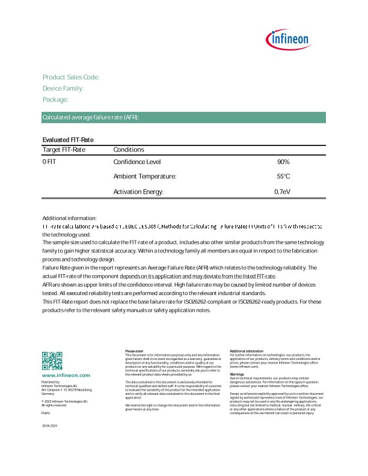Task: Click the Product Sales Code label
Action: pyautogui.click(x=71, y=78)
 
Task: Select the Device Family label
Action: pyautogui.click(x=63, y=88)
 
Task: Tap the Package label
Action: pyautogui.click(x=55, y=100)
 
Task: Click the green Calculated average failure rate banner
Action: pyautogui.click(x=183, y=117)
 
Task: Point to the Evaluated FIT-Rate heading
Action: pyautogui.click(x=68, y=139)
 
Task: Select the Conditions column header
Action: pyautogui.click(x=129, y=150)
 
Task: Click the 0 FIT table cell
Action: pyautogui.click(x=49, y=162)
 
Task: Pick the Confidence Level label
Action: pyautogui.click(x=137, y=162)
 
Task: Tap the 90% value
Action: pyautogui.click(x=283, y=162)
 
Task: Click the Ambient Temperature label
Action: pyautogui.click(x=145, y=177)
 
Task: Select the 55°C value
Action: pyautogui.click(x=283, y=177)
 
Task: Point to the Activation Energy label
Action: pyautogui.click(x=138, y=192)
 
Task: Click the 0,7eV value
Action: pyautogui.click(x=282, y=192)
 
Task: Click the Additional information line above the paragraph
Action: pyautogui.click(x=69, y=218)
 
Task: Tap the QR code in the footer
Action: pyautogui.click(x=52, y=361)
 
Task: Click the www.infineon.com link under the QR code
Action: pyautogui.click(x=66, y=375)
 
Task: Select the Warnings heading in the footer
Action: pyautogui.click(x=236, y=374)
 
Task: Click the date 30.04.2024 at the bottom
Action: pyautogui.click(x=49, y=426)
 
